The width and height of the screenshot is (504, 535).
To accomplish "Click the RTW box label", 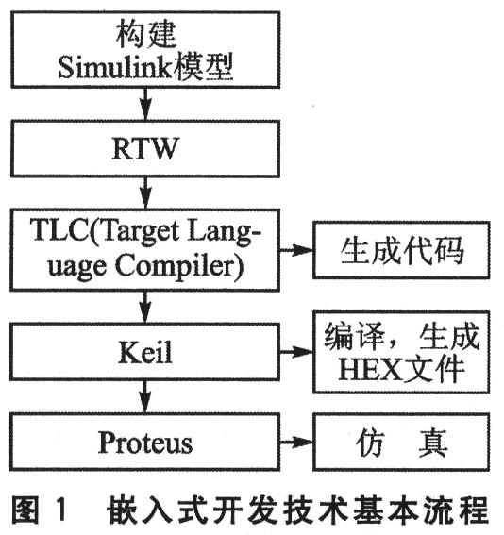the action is (x=145, y=148).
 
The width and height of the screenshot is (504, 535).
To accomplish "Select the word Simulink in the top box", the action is (x=114, y=67).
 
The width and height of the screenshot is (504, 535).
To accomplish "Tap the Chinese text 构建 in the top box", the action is (x=146, y=33).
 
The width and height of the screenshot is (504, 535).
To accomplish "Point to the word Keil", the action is (x=145, y=352).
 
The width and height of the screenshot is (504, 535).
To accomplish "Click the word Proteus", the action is (x=145, y=443).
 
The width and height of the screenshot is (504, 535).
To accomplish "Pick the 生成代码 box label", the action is (x=402, y=250).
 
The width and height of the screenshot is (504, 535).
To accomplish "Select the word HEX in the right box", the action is (x=370, y=369).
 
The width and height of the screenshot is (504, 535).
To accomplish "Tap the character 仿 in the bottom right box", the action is (x=371, y=443).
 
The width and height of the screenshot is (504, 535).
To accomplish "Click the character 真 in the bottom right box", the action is (x=433, y=443).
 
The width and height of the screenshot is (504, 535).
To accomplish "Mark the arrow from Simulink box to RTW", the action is (x=145, y=104).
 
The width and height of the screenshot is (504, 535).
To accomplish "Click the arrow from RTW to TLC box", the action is (x=145, y=192).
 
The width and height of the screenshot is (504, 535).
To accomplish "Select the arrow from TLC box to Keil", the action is (x=145, y=307).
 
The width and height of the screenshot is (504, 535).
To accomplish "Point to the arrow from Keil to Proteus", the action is (x=145, y=396).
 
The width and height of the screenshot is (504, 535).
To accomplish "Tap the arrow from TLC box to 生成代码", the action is (x=296, y=250).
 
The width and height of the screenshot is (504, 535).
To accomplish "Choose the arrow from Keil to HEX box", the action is (x=296, y=352).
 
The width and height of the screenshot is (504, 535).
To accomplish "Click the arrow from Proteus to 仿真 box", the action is (x=296, y=443).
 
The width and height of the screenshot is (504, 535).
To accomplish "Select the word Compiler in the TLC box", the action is (x=179, y=266).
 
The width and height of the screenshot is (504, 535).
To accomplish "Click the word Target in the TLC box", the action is (x=141, y=232).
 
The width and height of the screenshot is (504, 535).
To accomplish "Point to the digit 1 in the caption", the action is (x=60, y=510).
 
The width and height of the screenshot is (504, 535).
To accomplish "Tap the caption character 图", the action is (x=25, y=510).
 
